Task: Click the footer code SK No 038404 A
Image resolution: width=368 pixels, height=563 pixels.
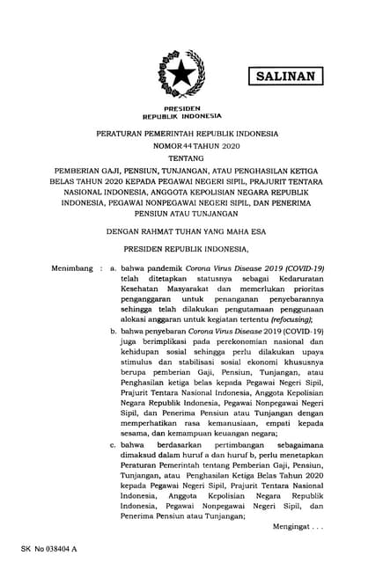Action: pyautogui.click(x=46, y=548)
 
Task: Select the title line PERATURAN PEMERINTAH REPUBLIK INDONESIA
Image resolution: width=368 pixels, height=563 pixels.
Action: pyautogui.click(x=183, y=134)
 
